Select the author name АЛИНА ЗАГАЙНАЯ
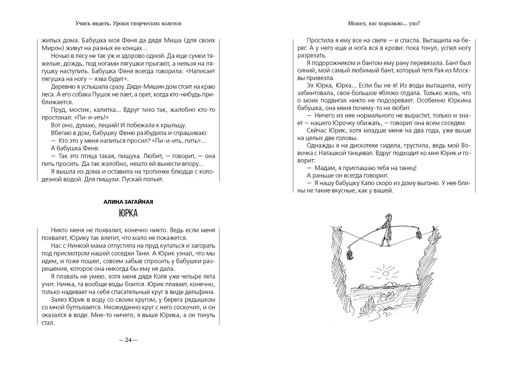128,201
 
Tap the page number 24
128,340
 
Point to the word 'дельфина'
201,290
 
